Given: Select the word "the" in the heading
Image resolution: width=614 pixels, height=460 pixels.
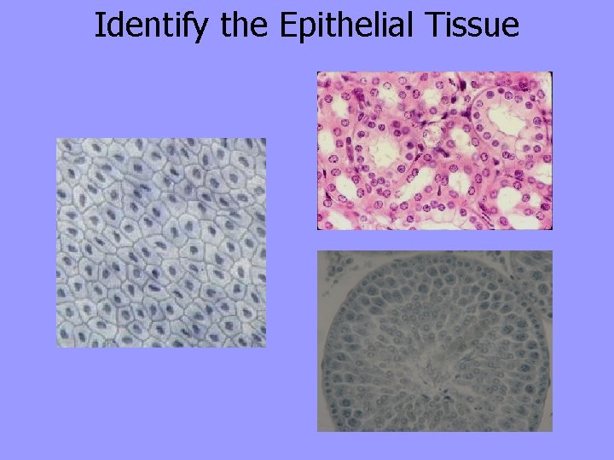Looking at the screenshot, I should pyautogui.click(x=246, y=26).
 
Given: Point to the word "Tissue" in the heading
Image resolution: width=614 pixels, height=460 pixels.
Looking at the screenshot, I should pyautogui.click(x=477, y=26).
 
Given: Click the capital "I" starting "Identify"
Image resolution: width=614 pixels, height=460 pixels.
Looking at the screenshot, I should pyautogui.click(x=98, y=26).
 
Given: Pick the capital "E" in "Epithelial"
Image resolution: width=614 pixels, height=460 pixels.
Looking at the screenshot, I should pyautogui.click(x=287, y=26).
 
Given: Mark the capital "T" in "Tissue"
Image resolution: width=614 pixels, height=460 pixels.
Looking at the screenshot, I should pyautogui.click(x=443, y=26).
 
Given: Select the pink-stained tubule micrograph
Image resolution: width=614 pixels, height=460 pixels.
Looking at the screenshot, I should pyautogui.click(x=435, y=151).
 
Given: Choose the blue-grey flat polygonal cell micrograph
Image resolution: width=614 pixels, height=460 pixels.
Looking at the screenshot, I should pyautogui.click(x=161, y=243).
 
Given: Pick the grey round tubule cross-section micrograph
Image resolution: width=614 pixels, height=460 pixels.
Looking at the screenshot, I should pyautogui.click(x=435, y=341).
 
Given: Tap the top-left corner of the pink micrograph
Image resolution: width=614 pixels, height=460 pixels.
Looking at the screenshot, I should pyautogui.click(x=318, y=72).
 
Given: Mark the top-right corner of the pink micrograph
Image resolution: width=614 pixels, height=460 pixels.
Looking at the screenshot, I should pyautogui.click(x=552, y=72).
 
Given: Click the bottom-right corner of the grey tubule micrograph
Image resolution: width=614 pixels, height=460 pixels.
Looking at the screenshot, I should pyautogui.click(x=552, y=430).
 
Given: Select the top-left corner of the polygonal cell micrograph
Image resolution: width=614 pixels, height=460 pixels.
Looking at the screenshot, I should pyautogui.click(x=57, y=139).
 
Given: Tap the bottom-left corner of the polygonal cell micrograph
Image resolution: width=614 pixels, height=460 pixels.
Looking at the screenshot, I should pyautogui.click(x=57, y=347).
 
